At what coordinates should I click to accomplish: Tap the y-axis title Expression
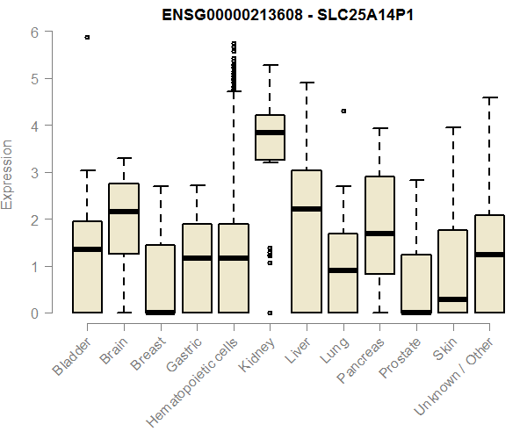(x=9, y=173)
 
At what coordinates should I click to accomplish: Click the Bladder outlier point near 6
(x=87, y=37)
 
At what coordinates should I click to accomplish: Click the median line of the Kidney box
(x=270, y=133)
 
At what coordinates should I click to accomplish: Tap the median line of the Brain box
(x=124, y=212)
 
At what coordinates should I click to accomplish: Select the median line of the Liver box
(x=307, y=209)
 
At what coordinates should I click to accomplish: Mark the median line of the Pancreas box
(x=379, y=234)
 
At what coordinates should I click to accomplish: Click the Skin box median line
(x=452, y=299)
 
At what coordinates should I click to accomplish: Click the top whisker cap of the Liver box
(x=307, y=83)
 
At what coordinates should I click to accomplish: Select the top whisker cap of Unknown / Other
(x=489, y=97)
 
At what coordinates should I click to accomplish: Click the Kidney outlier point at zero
(x=270, y=313)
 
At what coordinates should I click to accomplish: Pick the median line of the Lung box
(x=343, y=270)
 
